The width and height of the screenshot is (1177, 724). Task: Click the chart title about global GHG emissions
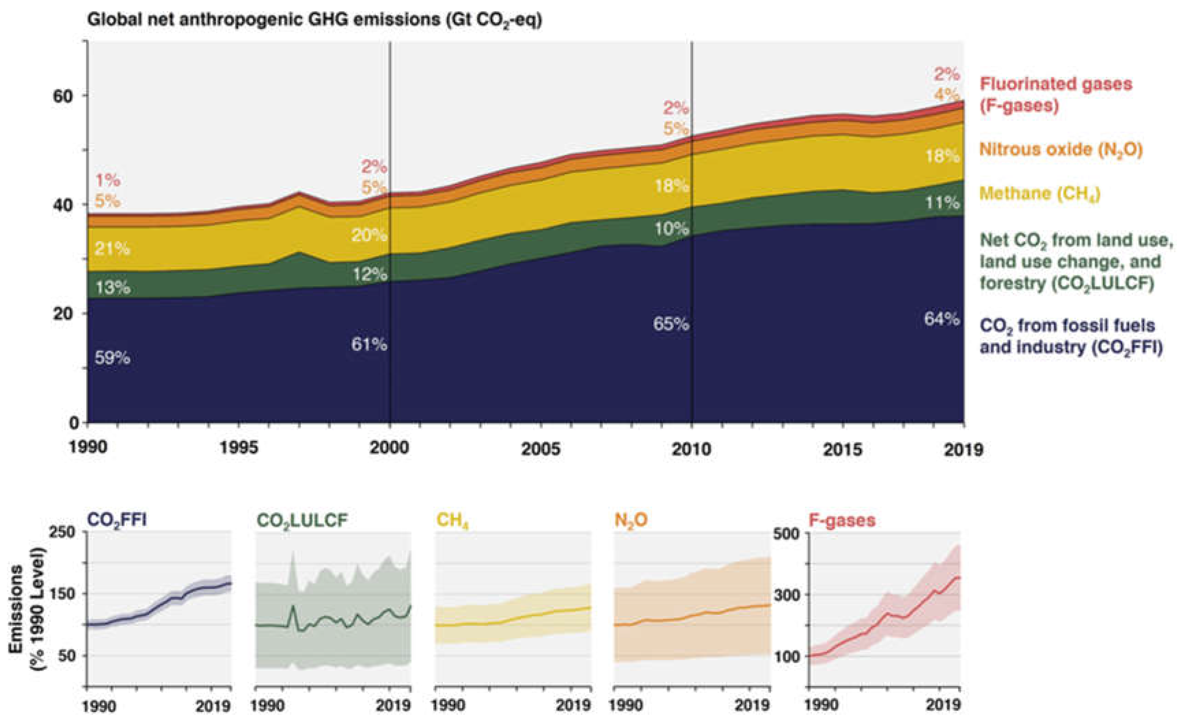pyautogui.click(x=314, y=20)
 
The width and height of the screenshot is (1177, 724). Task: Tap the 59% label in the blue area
pyautogui.click(x=112, y=357)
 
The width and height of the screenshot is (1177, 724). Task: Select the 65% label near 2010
pyautogui.click(x=671, y=324)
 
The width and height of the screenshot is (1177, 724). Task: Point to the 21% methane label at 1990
pyautogui.click(x=112, y=249)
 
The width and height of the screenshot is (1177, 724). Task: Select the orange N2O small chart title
pyautogui.click(x=631, y=520)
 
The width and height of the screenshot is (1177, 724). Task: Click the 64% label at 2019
pyautogui.click(x=942, y=319)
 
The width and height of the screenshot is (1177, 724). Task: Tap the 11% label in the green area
pyautogui.click(x=942, y=203)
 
